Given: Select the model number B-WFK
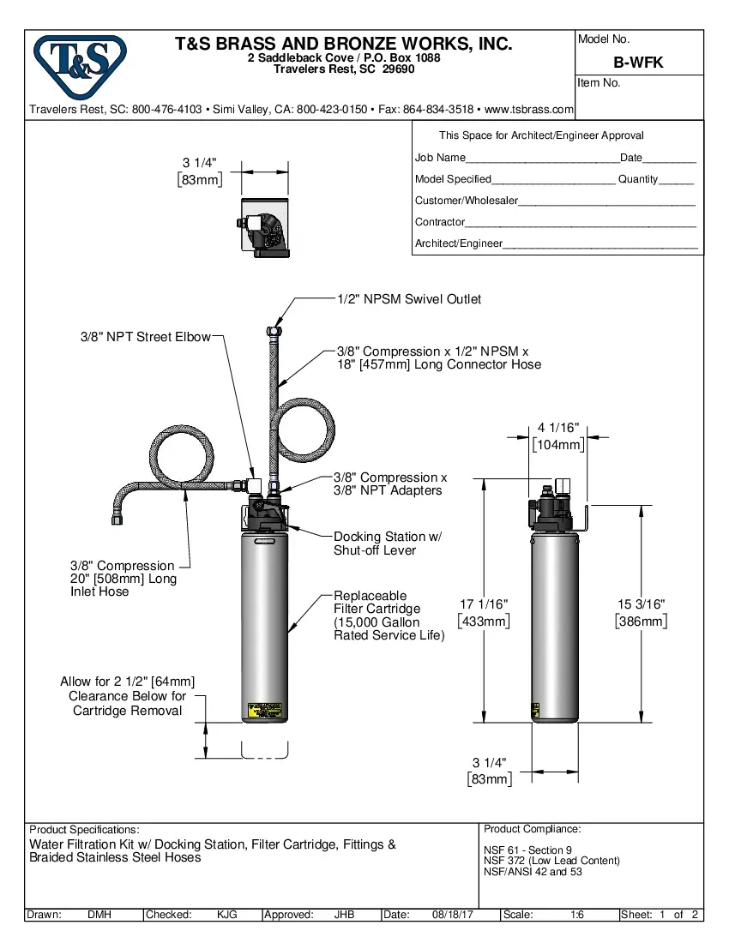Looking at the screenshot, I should tap(638, 63).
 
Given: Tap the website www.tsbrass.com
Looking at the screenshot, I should tap(529, 110).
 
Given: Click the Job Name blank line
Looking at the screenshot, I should tap(542, 159).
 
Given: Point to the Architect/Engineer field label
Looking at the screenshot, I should tap(458, 243).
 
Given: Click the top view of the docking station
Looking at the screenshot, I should tap(264, 227).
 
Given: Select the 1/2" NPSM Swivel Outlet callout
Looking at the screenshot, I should tap(408, 299).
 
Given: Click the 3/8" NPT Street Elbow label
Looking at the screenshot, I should tap(145, 337).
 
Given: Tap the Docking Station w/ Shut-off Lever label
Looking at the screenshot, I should tap(387, 544).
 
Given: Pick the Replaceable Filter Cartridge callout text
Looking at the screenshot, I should tap(389, 616).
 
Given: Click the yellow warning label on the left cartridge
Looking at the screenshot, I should tap(264, 711).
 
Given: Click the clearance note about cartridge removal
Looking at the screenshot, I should tap(127, 695).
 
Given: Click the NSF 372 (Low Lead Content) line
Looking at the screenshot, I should tap(551, 861).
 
